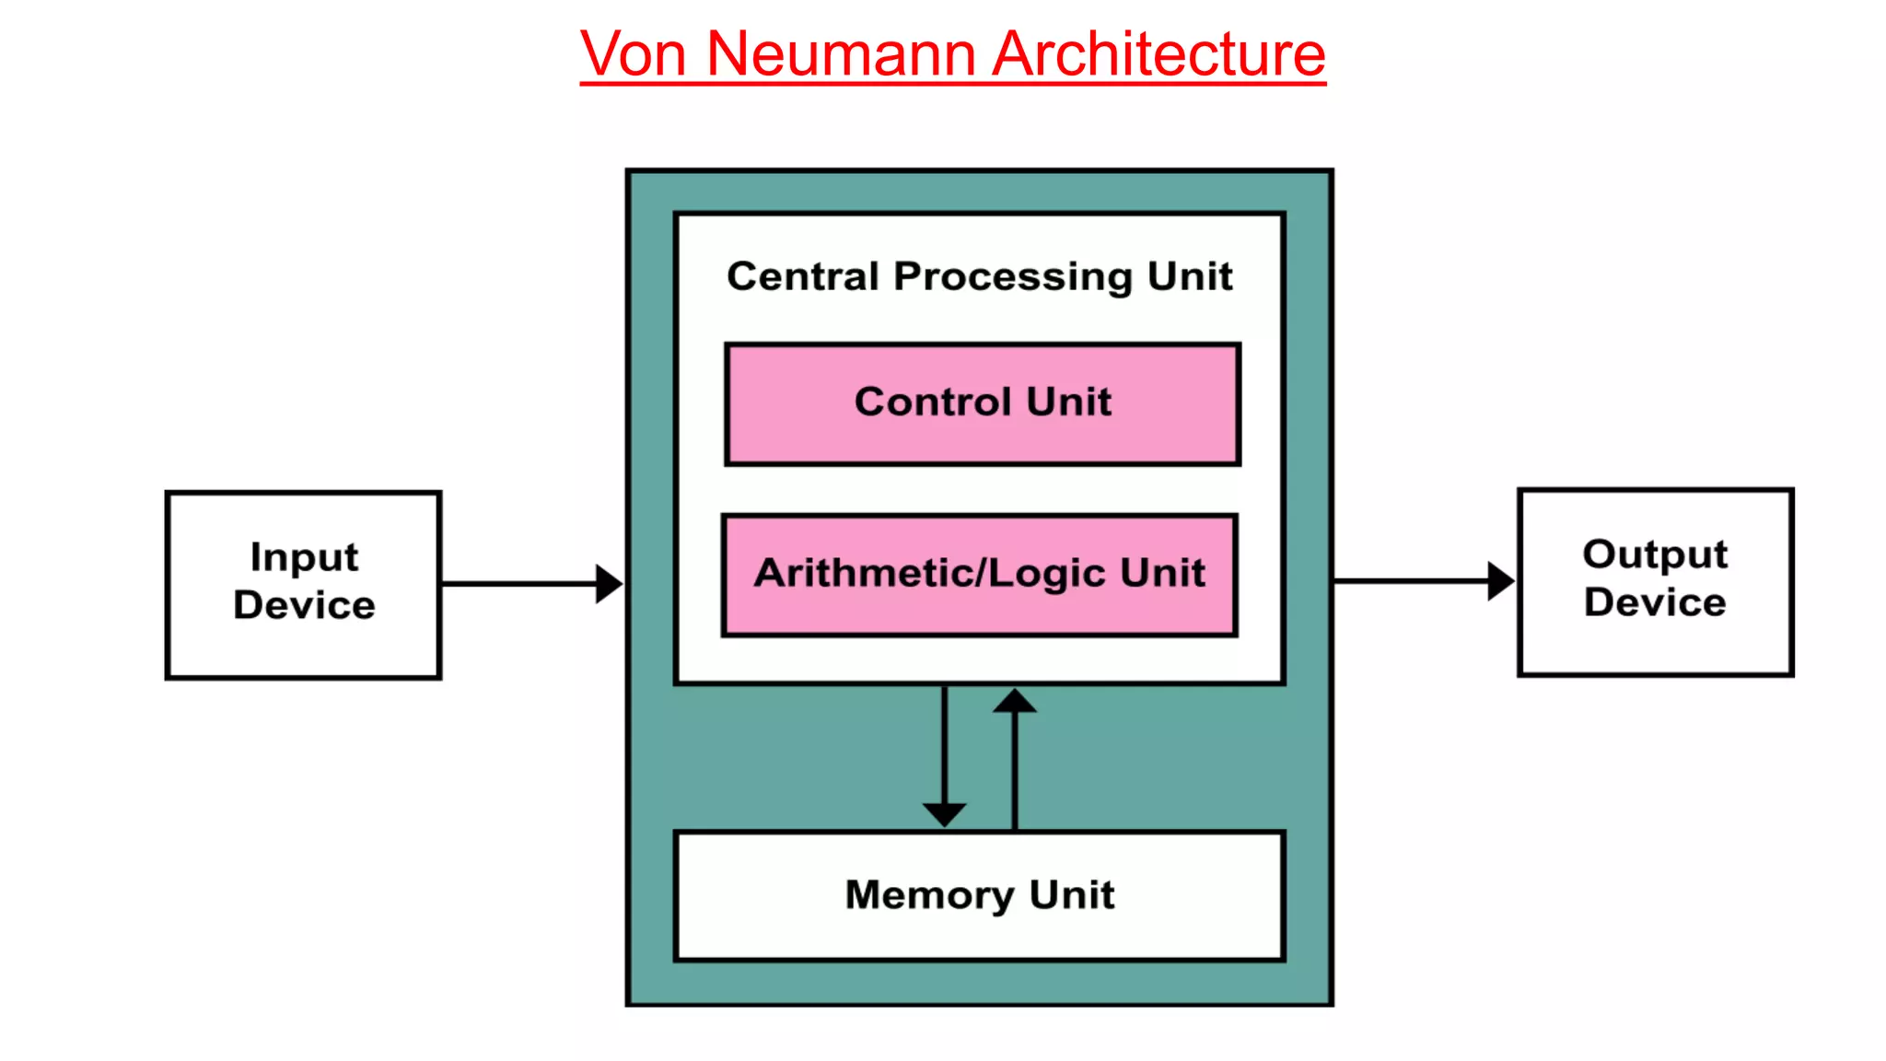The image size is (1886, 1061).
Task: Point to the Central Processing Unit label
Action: pyautogui.click(x=979, y=276)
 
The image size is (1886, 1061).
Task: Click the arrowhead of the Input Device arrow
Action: pyautogui.click(x=608, y=584)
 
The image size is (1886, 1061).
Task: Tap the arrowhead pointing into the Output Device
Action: pyautogui.click(x=1500, y=581)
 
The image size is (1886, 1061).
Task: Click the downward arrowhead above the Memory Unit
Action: pyautogui.click(x=945, y=814)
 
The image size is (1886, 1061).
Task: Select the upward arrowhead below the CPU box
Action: pyautogui.click(x=1015, y=702)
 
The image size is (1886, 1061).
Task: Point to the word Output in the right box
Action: pyautogui.click(x=1655, y=554)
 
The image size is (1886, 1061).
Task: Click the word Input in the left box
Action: pyautogui.click(x=304, y=558)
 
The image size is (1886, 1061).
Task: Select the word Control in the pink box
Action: pyautogui.click(x=933, y=402)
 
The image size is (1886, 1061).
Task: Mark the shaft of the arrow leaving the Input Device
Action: pyautogui.click(x=516, y=584)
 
